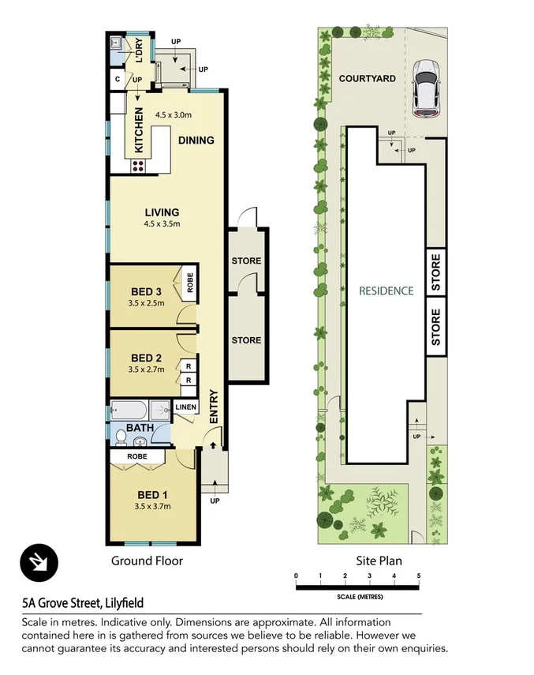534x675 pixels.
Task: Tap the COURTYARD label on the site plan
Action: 367,79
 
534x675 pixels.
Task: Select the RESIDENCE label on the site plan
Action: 386,291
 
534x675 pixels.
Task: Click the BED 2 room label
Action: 146,358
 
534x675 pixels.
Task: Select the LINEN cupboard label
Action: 185,407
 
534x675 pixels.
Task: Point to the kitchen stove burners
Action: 139,166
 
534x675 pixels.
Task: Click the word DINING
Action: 196,141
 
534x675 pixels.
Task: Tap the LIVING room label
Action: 162,212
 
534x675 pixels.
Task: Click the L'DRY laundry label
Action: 140,50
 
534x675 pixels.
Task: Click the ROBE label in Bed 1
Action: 138,456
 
